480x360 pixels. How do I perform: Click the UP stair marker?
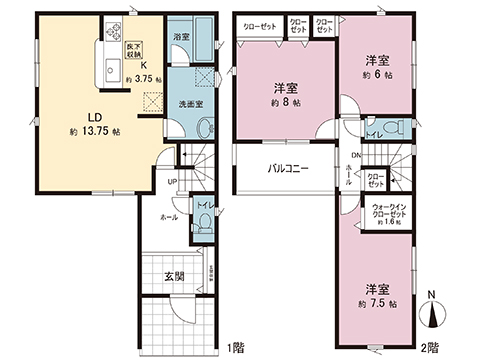(x=172, y=181)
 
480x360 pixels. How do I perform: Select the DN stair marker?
(x=354, y=154)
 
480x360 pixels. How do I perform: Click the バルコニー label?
(x=288, y=169)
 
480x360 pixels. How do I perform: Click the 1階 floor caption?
(x=235, y=347)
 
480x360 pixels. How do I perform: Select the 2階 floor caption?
(x=429, y=347)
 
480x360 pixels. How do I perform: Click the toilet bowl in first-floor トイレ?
(x=201, y=225)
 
